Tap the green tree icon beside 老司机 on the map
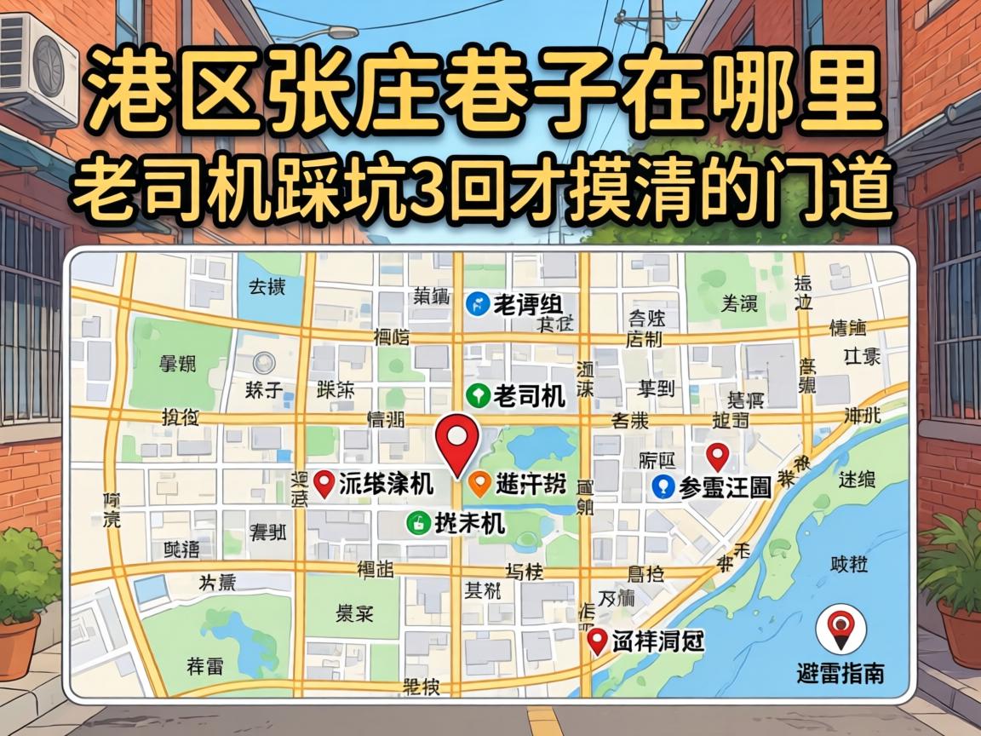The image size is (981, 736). click(479, 395)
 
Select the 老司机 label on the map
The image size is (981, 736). click(529, 396)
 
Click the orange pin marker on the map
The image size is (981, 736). click(480, 484)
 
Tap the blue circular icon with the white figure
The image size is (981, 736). click(479, 302)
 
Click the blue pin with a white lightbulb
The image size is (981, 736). click(663, 486)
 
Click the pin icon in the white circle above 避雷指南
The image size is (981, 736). click(840, 628)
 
